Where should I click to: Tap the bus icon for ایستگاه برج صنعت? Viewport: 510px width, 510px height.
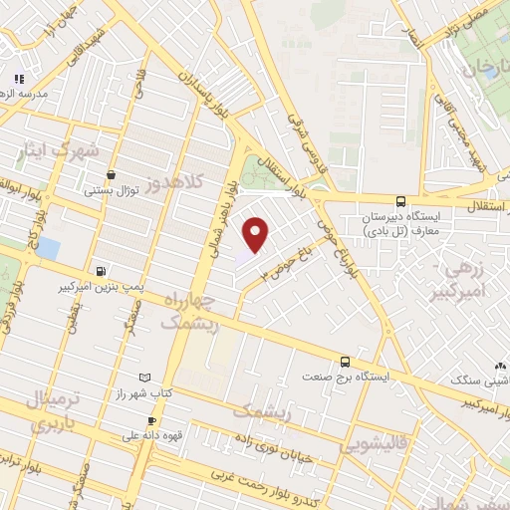(x=345, y=362)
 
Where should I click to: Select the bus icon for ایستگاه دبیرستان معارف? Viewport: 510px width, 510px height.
(x=400, y=200)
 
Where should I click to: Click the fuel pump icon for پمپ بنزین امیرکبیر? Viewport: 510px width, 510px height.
(x=101, y=271)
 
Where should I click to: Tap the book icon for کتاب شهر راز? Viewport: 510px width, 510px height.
(x=146, y=378)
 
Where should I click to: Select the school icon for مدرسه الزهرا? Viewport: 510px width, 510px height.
(x=17, y=79)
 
